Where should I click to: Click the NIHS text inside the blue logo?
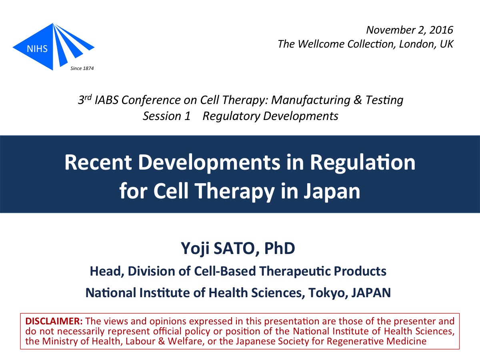(37, 49)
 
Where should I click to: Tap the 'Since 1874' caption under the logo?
(82, 68)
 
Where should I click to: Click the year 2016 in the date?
(441, 30)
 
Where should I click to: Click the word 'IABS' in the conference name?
(106, 100)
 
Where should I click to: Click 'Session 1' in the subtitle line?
(167, 116)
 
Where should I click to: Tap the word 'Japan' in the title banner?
(332, 191)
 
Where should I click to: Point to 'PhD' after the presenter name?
(280, 248)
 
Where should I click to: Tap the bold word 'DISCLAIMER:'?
(54, 321)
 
